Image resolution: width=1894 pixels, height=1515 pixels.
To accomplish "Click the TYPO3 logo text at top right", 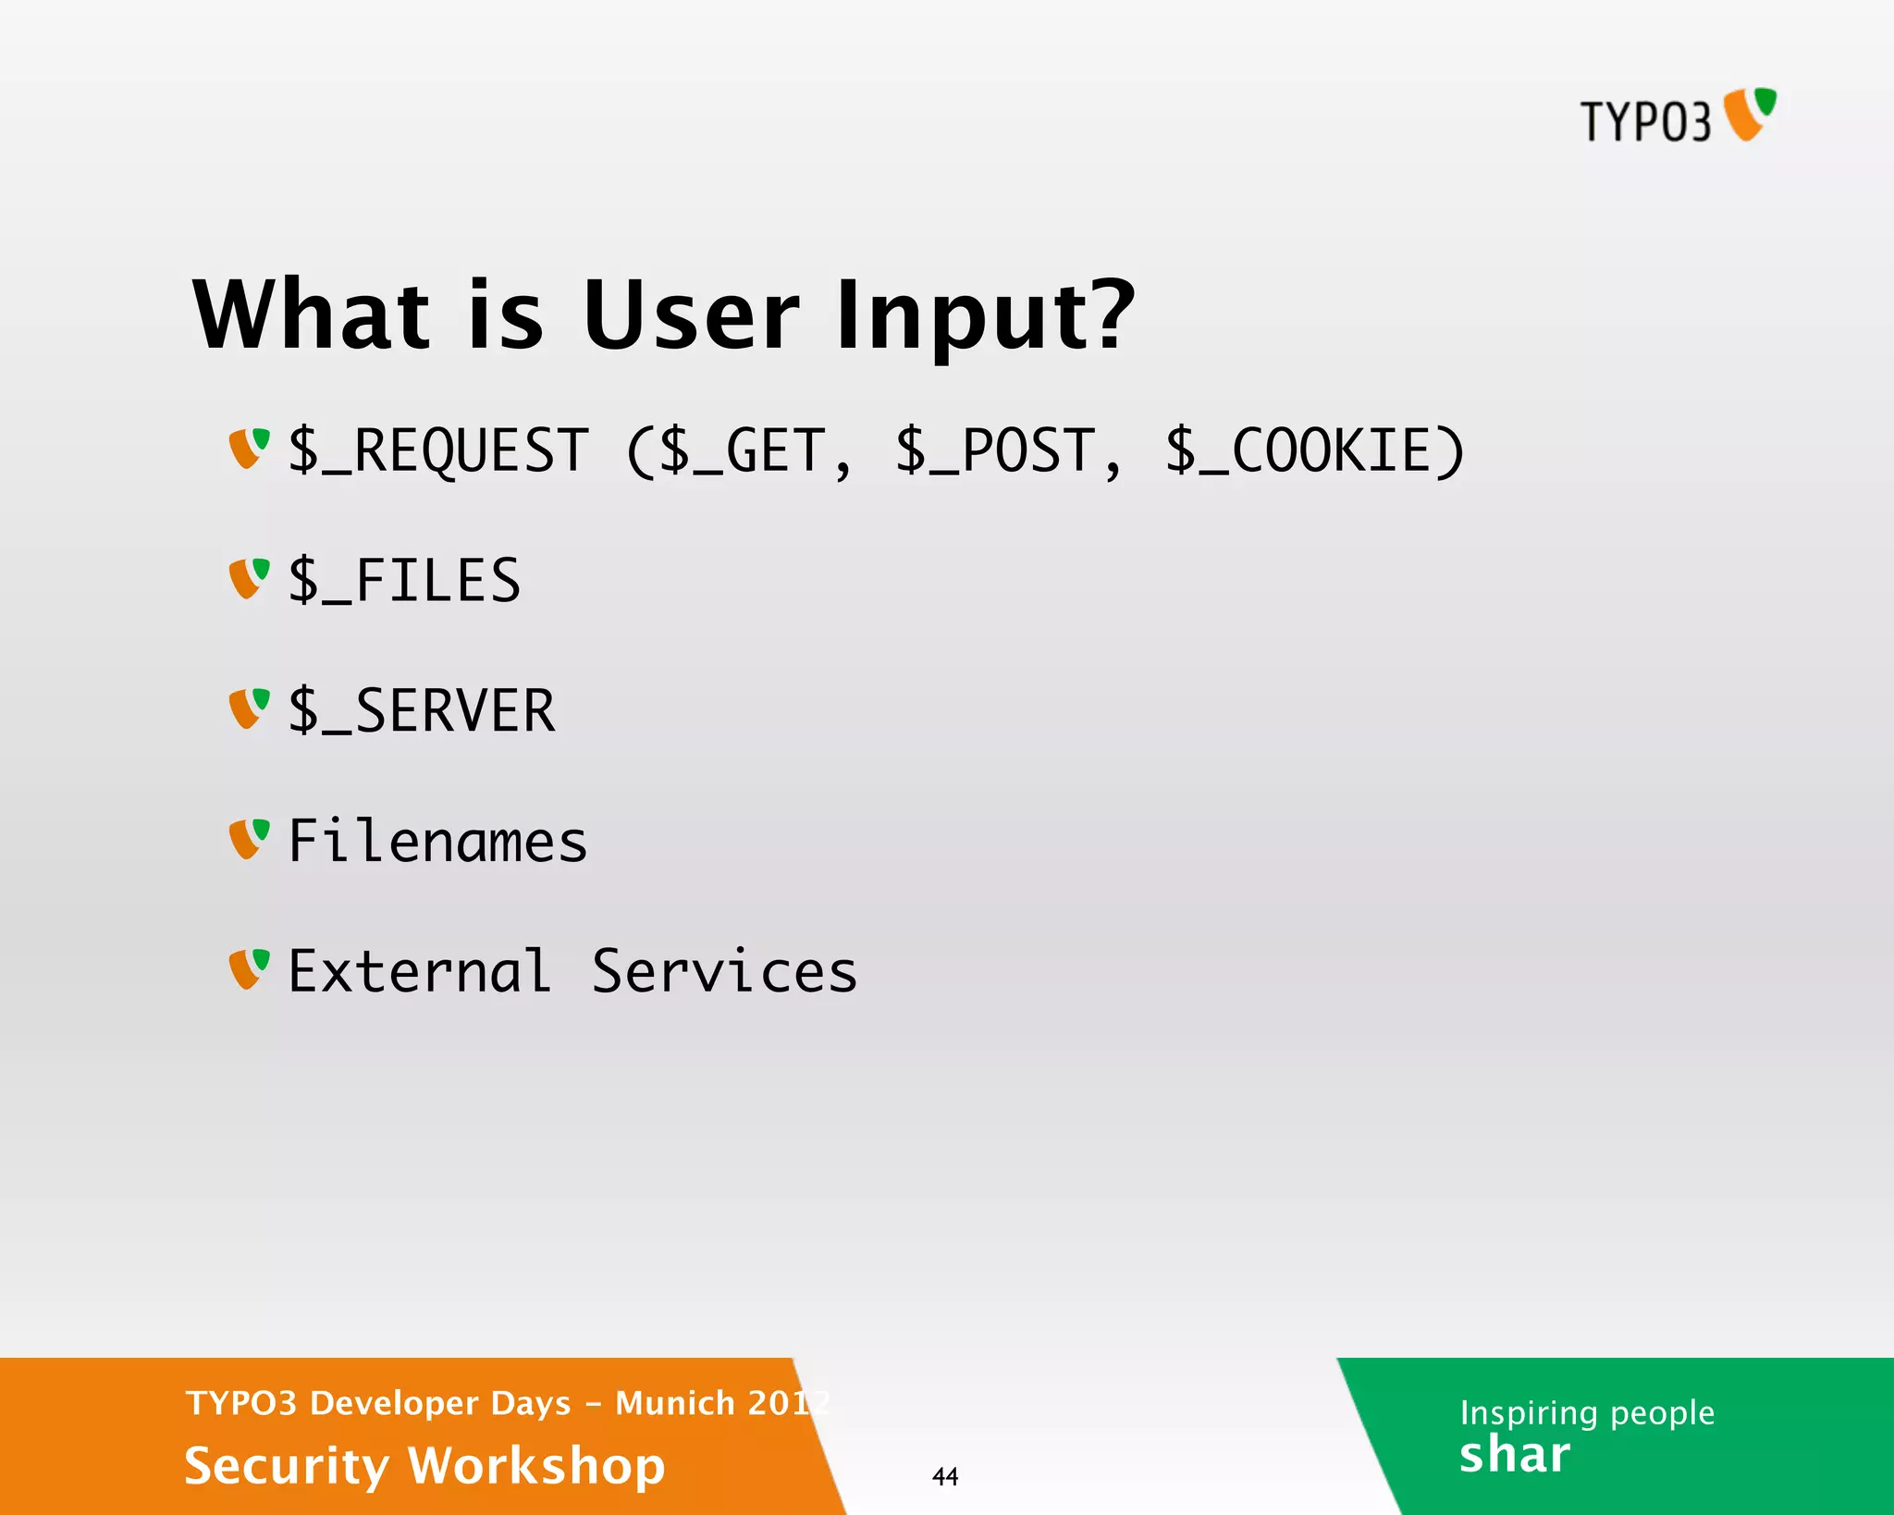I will [x=1645, y=122].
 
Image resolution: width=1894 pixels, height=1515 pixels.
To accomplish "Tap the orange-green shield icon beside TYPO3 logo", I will [x=1750, y=114].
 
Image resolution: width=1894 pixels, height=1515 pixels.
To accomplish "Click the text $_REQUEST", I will [x=438, y=451].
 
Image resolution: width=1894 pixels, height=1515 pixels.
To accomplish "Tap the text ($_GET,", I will [x=738, y=451].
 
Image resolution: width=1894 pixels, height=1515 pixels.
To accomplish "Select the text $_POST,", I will [x=1008, y=451].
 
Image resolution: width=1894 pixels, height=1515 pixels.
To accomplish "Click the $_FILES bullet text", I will [x=404, y=582].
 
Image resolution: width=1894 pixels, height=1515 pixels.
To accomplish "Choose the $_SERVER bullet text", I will [x=422, y=711].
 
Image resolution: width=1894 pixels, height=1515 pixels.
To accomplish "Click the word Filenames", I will [x=437, y=842].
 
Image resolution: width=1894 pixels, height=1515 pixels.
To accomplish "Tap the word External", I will [x=420, y=972].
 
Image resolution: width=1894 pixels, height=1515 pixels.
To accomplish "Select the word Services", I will [x=724, y=972].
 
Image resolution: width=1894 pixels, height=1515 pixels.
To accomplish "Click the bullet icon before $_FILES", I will [x=249, y=579].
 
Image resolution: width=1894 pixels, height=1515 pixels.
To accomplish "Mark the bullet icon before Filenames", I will [x=249, y=839].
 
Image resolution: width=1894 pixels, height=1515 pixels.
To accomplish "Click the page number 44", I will [x=945, y=1476].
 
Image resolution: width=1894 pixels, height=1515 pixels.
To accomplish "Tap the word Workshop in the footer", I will [x=536, y=1466].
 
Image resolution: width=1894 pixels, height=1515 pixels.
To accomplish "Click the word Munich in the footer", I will [x=675, y=1403].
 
